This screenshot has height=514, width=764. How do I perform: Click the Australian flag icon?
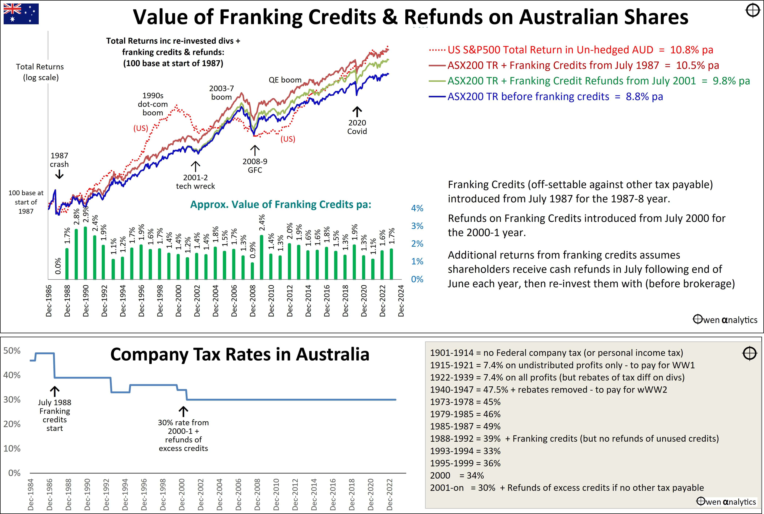point(21,14)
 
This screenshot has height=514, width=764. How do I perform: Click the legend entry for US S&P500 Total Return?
point(571,50)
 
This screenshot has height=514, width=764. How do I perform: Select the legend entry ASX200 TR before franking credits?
point(546,97)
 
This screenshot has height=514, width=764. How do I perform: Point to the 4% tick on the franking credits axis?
point(417,208)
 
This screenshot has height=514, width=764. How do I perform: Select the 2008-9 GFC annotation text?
point(255,166)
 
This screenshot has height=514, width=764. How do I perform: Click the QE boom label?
point(285,80)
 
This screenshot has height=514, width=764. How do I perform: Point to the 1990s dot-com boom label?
point(153,104)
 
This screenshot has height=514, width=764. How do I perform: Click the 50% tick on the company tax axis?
point(12,351)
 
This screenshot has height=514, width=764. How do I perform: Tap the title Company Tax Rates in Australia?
point(240,355)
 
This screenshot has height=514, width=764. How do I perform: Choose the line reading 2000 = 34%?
point(457,475)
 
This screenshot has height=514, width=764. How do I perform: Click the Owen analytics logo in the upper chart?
point(725,320)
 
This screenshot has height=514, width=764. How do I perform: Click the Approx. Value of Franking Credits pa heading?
point(281,205)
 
